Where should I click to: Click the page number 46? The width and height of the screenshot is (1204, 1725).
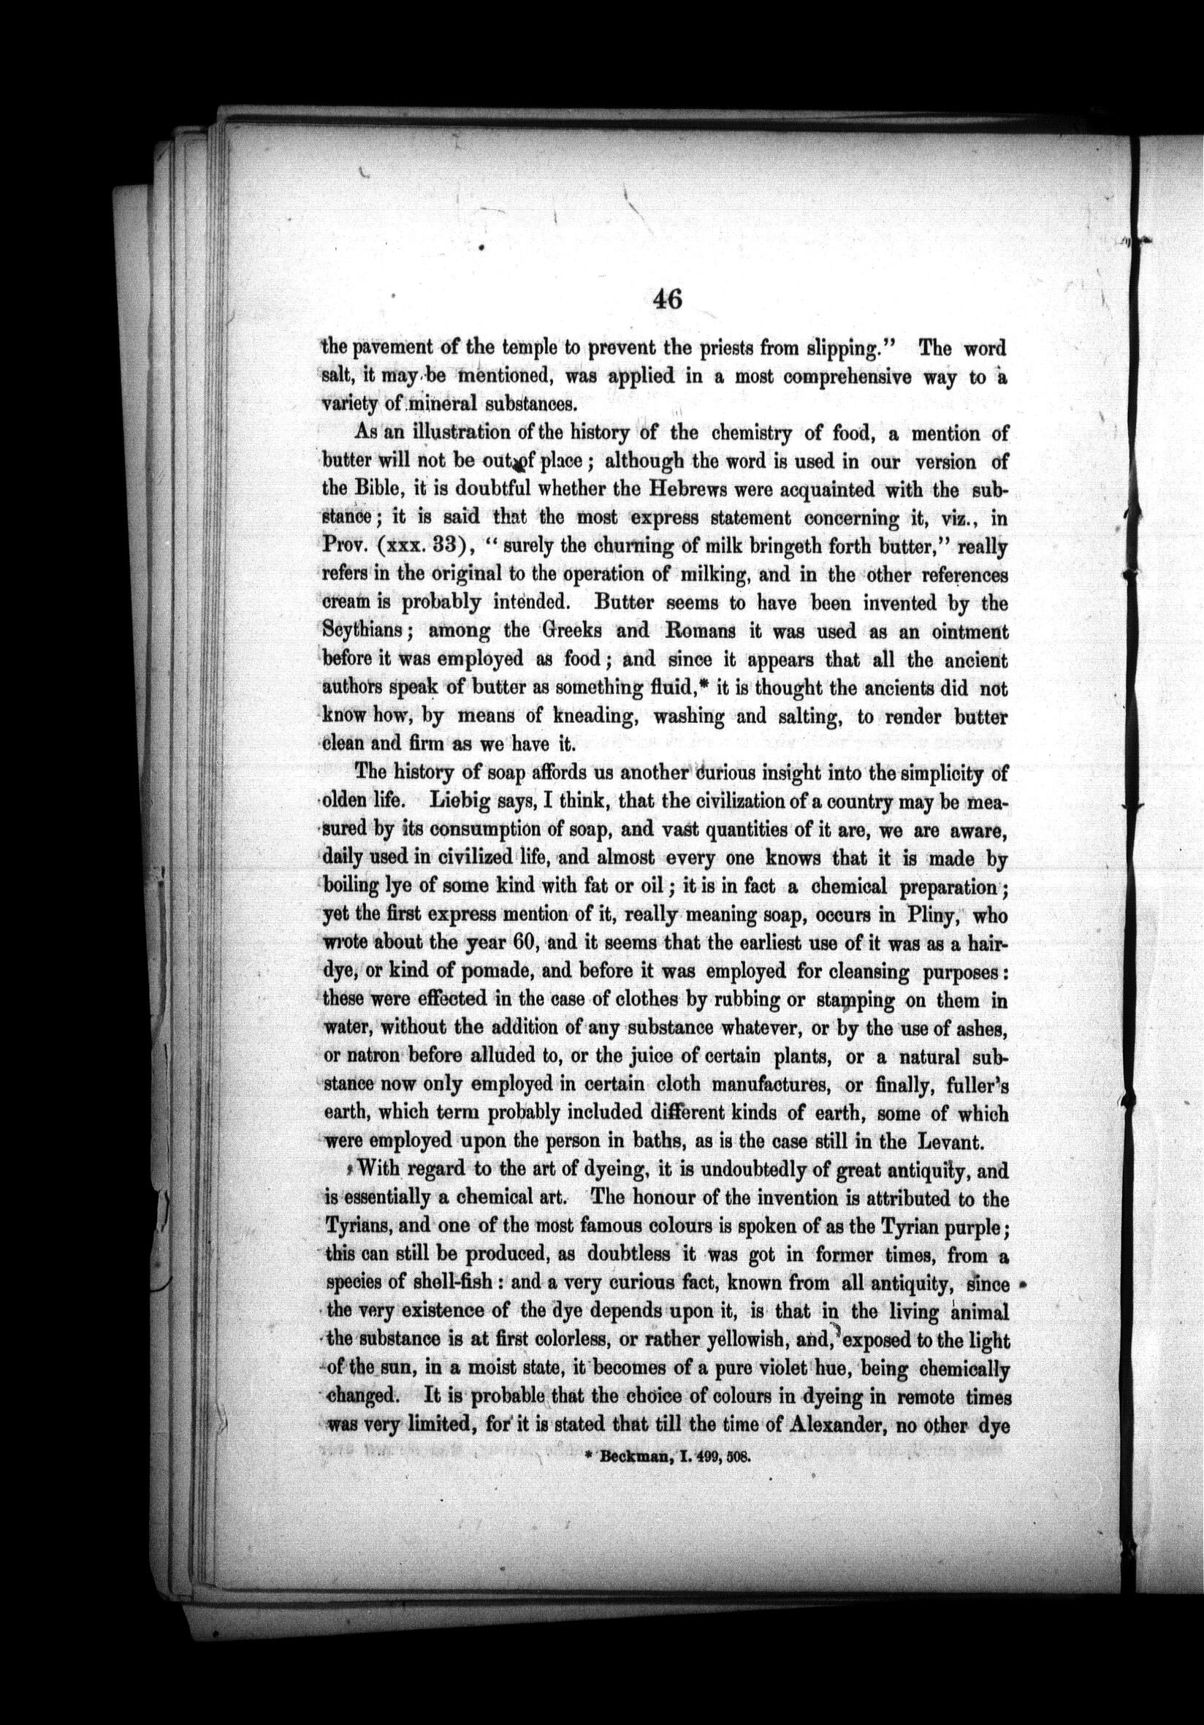point(666,300)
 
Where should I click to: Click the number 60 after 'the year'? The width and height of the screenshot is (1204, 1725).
point(514,945)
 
